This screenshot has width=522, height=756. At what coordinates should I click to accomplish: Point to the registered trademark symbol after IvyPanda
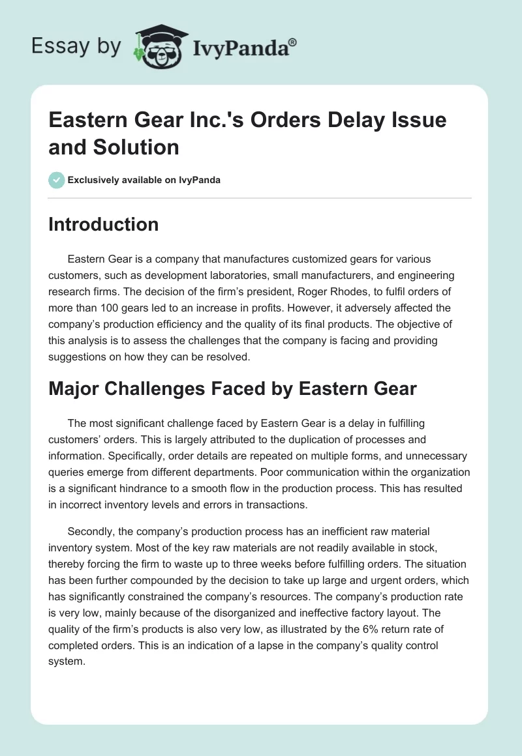pyautogui.click(x=293, y=43)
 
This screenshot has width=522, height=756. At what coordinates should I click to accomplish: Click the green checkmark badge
pyautogui.click(x=57, y=180)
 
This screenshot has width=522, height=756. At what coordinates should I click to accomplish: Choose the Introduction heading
pyautogui.click(x=104, y=224)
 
